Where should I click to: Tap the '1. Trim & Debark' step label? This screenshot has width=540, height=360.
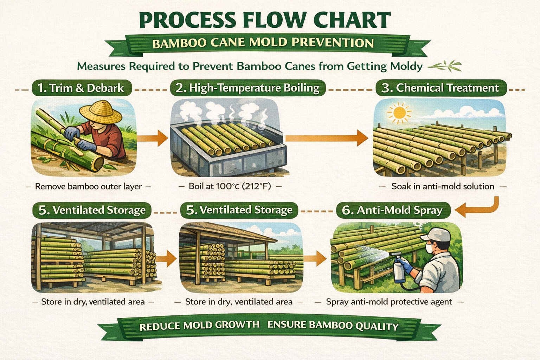82,88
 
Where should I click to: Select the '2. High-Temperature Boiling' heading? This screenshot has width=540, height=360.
248,88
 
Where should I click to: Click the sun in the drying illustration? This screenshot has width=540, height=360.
399,112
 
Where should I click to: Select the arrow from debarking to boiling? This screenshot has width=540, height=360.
152,138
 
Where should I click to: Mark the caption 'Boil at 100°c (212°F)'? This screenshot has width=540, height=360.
230,186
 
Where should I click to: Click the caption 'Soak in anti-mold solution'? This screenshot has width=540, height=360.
443,186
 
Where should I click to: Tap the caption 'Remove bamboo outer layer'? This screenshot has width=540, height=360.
88,186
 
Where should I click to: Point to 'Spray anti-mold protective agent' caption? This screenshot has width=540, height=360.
389,302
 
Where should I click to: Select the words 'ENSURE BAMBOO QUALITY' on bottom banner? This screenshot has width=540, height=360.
333,326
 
